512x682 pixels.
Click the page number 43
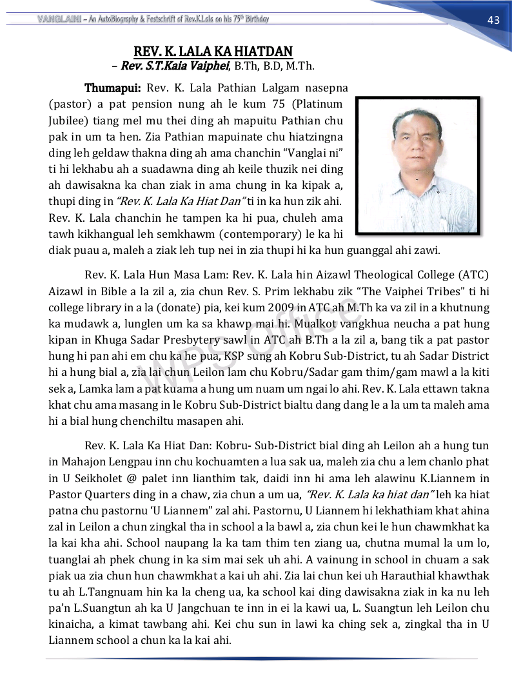[493, 20]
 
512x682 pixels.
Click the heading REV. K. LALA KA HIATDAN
[213, 51]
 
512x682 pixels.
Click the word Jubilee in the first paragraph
[66, 121]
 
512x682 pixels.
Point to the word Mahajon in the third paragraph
[79, 462]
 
